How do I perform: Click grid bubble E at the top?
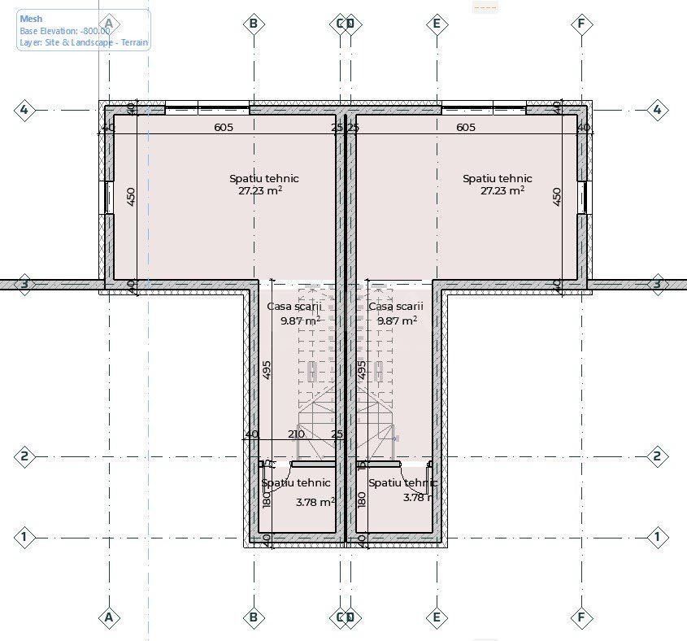click(x=437, y=24)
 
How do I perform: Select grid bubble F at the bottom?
click(x=580, y=618)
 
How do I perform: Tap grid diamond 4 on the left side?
click(x=24, y=110)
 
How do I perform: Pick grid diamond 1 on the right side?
click(x=657, y=537)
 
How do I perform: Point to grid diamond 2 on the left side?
click(x=24, y=456)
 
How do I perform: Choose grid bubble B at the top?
click(x=254, y=24)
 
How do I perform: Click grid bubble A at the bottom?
click(x=109, y=618)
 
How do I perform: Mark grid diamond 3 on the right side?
click(x=657, y=284)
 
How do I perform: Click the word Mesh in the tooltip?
click(x=31, y=19)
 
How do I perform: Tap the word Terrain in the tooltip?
click(x=133, y=42)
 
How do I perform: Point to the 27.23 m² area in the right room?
click(x=502, y=191)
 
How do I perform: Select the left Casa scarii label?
click(x=294, y=307)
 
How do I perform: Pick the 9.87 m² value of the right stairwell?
click(x=397, y=320)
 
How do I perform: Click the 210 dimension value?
click(x=296, y=434)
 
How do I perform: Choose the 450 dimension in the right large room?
click(x=557, y=197)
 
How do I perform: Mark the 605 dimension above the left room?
click(x=224, y=128)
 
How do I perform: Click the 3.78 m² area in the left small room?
click(x=315, y=502)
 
